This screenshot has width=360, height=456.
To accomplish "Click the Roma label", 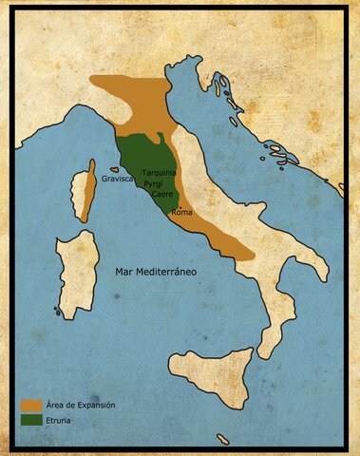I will pos(181,212).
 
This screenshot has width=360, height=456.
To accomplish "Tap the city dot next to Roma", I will pos(173,209).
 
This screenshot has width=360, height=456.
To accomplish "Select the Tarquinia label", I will pos(159,173).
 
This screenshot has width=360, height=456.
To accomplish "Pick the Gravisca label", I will pos(118,178).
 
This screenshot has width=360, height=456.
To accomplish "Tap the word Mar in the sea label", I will pos(123,272).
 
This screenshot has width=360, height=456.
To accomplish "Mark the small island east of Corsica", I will pos(115,170).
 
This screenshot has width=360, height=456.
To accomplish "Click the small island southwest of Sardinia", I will pos(58,311).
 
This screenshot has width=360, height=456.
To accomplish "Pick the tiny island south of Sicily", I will pos(222,438).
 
